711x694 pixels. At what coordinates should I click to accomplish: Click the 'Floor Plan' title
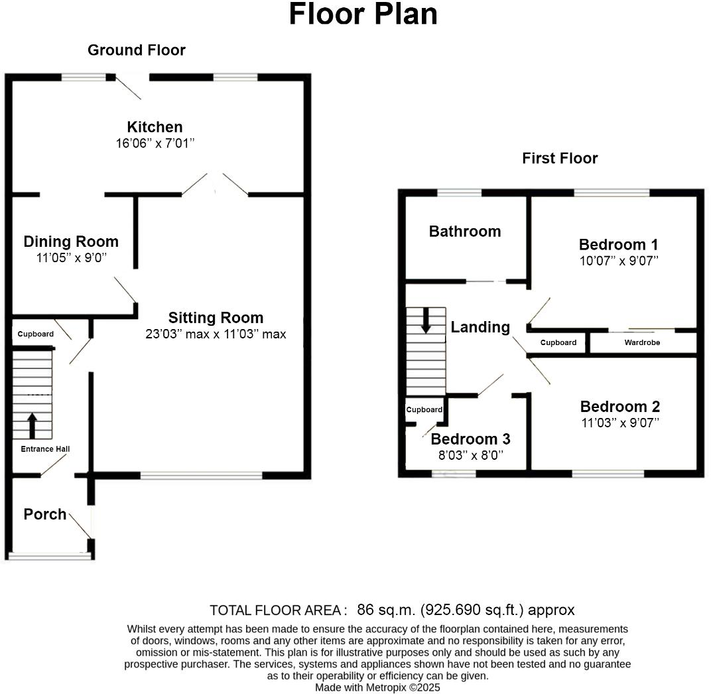363,15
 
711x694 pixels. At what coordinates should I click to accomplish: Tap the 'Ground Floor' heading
137,50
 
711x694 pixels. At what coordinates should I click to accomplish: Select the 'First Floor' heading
560,158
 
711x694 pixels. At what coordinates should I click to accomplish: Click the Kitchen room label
155,127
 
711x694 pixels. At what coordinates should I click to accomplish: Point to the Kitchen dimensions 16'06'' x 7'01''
155,143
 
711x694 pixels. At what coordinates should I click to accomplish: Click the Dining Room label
71,242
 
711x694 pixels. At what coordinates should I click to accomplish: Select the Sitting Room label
216,317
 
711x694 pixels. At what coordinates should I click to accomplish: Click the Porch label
45,514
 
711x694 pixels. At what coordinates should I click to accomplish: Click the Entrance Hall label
45,449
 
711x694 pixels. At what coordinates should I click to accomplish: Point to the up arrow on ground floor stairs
32,425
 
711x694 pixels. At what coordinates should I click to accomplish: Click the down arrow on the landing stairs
426,320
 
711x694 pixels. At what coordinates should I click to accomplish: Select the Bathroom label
465,232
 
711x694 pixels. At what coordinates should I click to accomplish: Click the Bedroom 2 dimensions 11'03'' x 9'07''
619,423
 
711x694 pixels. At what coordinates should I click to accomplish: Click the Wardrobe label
642,343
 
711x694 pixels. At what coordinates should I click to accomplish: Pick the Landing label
480,327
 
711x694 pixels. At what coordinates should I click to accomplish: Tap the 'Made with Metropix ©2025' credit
377,687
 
